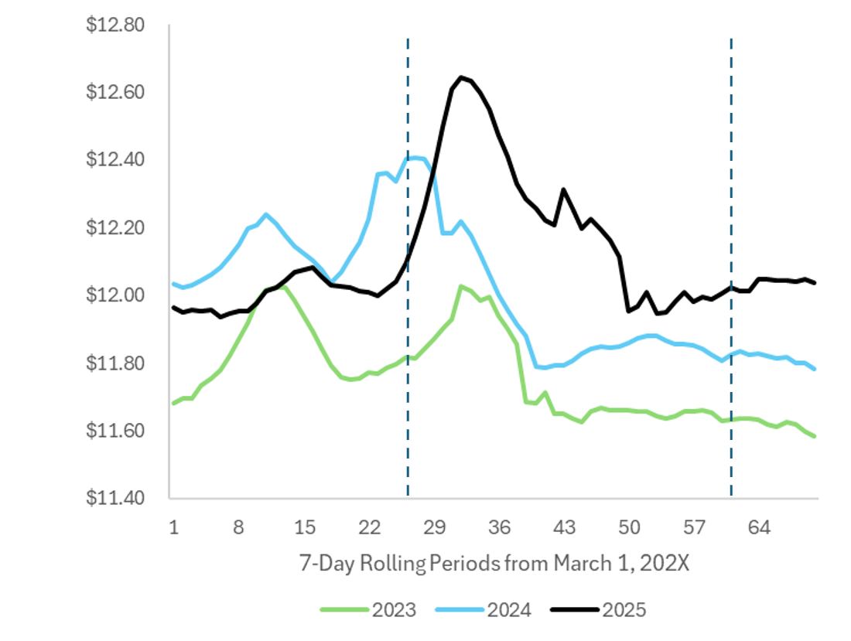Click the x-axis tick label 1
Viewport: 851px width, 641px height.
tap(173, 527)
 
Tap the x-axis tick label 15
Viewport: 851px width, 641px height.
tap(305, 527)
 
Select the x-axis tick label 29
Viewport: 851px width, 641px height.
tap(435, 527)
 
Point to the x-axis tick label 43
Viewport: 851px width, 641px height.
tap(565, 527)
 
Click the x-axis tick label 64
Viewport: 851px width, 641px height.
tap(760, 527)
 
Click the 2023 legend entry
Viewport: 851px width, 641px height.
tap(367, 610)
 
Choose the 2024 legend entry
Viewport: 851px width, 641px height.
tap(484, 610)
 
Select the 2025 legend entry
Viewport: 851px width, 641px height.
tap(599, 610)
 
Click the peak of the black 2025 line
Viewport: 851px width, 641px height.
tap(461, 77)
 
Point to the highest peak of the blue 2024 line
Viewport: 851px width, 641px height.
tap(415, 158)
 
